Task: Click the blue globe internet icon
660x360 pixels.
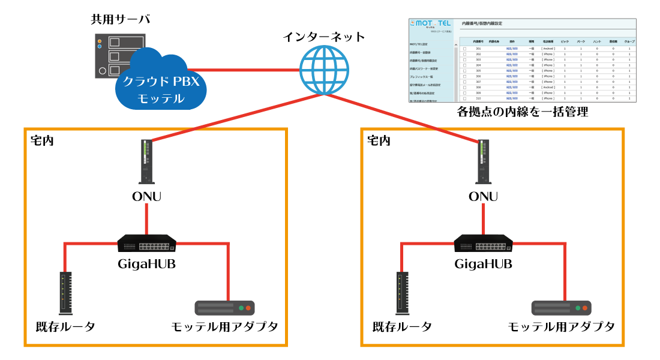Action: pyautogui.click(x=324, y=70)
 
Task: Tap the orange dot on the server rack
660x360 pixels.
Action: pyautogui.click(x=100, y=41)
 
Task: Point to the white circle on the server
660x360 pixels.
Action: pyautogui.click(x=102, y=70)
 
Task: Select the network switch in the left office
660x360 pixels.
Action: pyautogui.click(x=146, y=244)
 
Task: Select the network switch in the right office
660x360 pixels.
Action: pyautogui.click(x=483, y=244)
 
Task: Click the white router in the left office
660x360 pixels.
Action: pyautogui.click(x=146, y=161)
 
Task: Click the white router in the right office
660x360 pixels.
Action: pyautogui.click(x=483, y=161)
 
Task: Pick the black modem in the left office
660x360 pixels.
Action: pyautogui.click(x=66, y=293)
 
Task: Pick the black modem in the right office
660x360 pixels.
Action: pyautogui.click(x=403, y=293)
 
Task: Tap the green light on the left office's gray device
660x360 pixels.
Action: pyautogui.click(x=241, y=308)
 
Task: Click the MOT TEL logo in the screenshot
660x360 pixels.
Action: pyautogui.click(x=430, y=23)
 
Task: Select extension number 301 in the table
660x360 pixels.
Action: pyautogui.click(x=478, y=49)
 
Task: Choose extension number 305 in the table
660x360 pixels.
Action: pyautogui.click(x=478, y=71)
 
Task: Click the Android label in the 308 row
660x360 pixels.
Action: pyautogui.click(x=548, y=88)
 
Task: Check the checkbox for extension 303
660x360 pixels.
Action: pyautogui.click(x=464, y=60)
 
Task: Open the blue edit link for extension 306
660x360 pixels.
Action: pyautogui.click(x=512, y=77)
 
